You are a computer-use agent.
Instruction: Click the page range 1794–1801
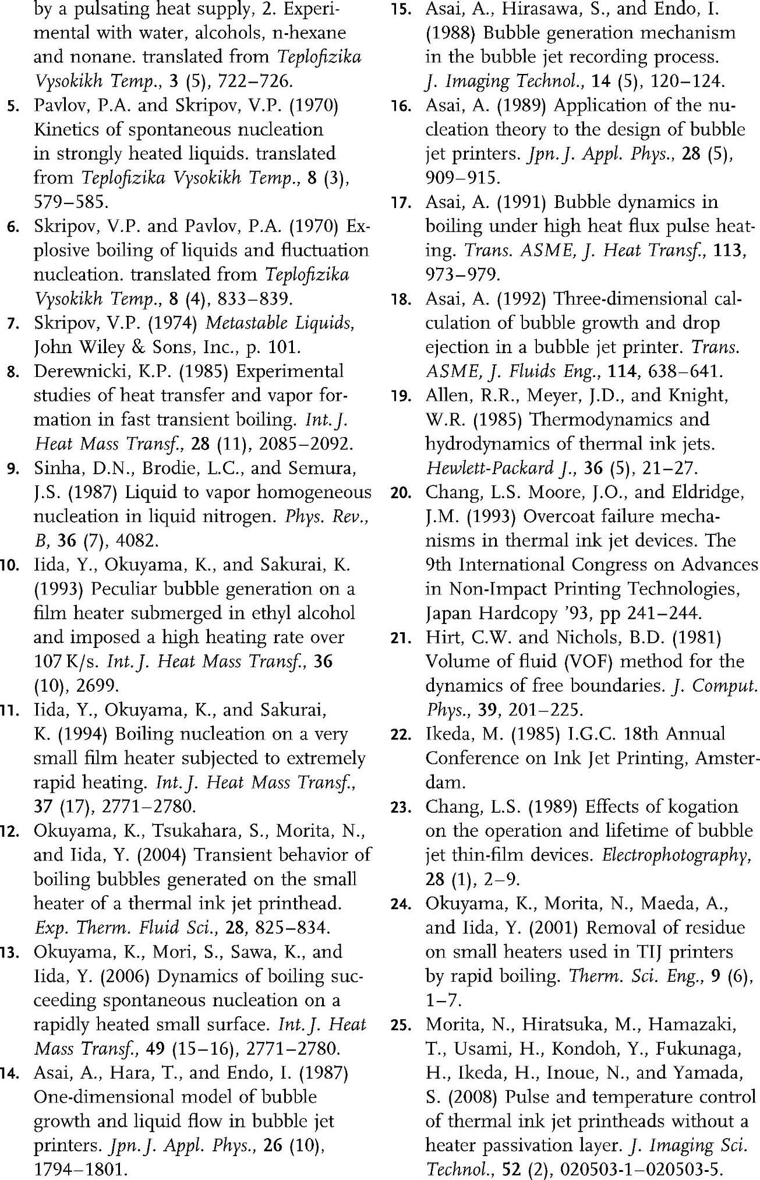click(79, 1169)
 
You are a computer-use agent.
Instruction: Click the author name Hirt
click(443, 637)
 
